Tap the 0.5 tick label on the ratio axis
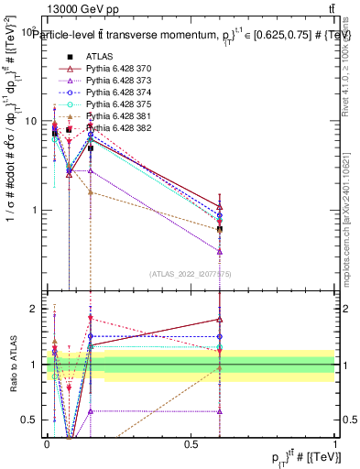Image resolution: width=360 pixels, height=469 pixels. pyautogui.click(x=32, y=420)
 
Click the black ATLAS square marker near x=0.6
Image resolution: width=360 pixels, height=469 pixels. pyautogui.click(x=220, y=229)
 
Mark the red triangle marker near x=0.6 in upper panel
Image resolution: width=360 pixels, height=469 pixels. pyautogui.click(x=220, y=207)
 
